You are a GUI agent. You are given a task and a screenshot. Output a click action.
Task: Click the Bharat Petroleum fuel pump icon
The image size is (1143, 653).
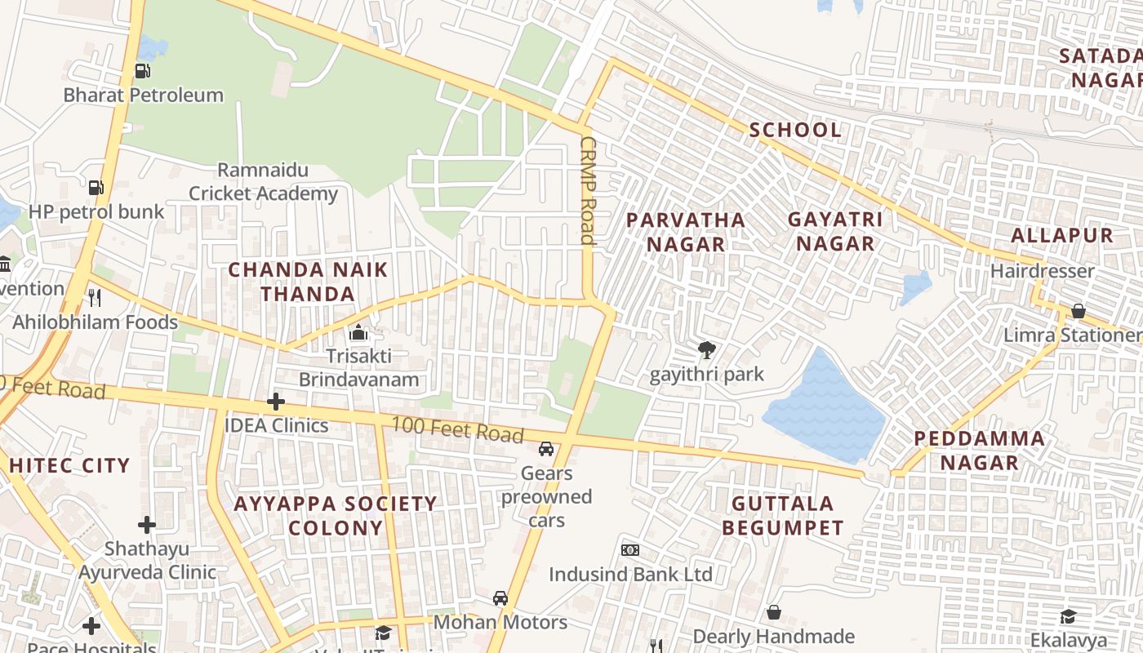(143, 71)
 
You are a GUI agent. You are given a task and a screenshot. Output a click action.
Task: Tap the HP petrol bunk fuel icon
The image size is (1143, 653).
(96, 188)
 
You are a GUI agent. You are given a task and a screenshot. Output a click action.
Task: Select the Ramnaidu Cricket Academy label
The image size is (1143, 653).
(263, 182)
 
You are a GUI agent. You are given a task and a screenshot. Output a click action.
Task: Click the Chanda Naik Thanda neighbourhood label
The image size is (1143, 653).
(307, 282)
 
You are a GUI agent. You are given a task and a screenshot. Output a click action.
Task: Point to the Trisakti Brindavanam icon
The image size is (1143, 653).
(358, 332)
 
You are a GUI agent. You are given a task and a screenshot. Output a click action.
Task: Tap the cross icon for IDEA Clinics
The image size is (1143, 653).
(276, 402)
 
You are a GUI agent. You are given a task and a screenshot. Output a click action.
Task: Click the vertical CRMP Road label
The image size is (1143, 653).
(588, 190)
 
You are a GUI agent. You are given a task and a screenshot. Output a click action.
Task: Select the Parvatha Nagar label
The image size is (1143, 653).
(685, 232)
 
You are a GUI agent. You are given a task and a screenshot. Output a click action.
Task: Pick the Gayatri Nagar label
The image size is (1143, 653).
(834, 231)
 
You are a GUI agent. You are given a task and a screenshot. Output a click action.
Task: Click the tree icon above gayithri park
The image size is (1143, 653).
(706, 351)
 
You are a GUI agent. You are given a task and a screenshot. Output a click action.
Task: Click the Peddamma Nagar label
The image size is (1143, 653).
(978, 451)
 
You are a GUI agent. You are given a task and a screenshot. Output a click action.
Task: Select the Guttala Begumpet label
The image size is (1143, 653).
(782, 515)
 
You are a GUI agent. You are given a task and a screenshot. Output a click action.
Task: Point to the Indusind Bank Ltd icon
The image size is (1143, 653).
(629, 550)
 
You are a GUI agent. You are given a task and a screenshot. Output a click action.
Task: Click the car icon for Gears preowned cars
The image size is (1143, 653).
(546, 449)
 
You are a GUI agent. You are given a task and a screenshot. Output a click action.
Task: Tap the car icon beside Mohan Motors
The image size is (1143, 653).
(500, 598)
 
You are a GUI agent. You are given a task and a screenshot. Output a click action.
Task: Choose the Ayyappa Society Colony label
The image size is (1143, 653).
(336, 515)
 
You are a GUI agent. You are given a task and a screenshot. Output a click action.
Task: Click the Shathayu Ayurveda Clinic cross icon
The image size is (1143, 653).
(147, 524)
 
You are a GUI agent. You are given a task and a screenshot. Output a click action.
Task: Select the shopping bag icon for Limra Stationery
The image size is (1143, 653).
(1078, 311)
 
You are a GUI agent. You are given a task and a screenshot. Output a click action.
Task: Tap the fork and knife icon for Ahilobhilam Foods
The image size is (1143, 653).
(95, 298)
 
